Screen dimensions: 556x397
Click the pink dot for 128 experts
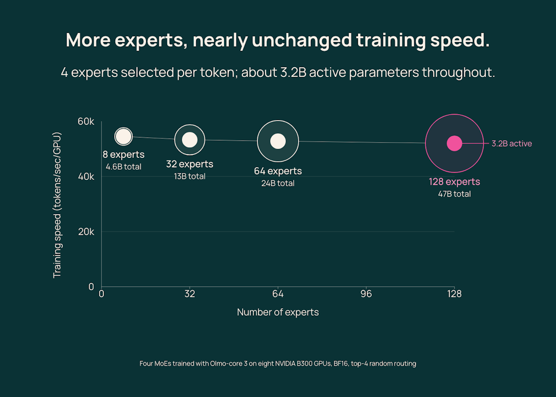pos(454,143)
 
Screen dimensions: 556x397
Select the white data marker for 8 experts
pos(124,136)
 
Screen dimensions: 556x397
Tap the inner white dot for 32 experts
pos(190,140)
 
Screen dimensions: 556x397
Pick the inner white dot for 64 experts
pos(278,141)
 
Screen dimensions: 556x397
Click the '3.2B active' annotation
pos(511,144)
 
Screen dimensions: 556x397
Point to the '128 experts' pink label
pos(454,182)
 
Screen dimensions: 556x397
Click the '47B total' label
pos(454,194)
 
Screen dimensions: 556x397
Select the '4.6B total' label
pos(124,167)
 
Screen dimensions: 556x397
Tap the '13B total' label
pos(190,176)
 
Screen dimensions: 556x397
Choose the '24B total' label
pos(278,183)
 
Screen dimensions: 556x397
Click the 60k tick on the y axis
pos(86,122)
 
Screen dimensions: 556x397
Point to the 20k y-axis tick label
pos(86,232)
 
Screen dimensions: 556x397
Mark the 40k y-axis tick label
pos(86,176)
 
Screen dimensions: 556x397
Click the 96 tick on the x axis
pos(366,294)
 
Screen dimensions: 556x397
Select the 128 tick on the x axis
pos(454,294)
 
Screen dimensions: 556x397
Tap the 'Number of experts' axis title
pos(278,312)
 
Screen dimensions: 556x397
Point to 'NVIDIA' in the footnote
pos(285,364)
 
